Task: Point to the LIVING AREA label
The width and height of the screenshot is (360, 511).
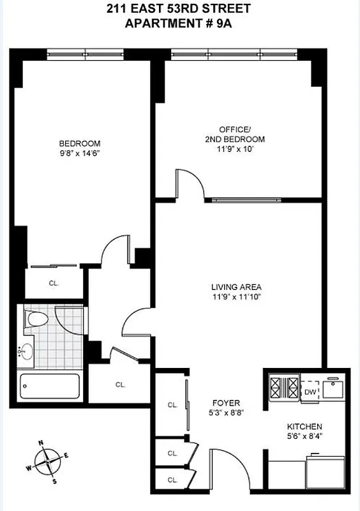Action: [x=237, y=287]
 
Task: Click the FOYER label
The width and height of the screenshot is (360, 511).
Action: [x=227, y=403]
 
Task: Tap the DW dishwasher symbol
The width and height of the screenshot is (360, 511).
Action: [x=310, y=392]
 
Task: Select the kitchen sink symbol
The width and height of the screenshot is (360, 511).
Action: [x=334, y=387]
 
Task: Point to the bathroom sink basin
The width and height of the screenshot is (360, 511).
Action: [x=27, y=351]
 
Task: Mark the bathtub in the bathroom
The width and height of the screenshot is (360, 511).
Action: [x=50, y=386]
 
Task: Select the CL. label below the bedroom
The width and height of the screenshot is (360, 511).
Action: [x=54, y=282]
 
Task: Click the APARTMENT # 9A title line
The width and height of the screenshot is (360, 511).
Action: [x=180, y=23]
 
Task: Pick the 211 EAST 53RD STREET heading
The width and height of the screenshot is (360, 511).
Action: [x=180, y=9]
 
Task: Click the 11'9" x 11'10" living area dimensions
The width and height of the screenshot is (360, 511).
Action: [x=237, y=296]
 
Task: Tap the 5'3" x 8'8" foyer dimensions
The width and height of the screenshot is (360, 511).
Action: [x=227, y=413]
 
